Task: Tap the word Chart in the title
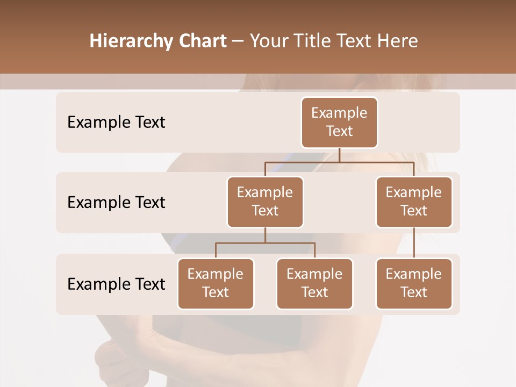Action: point(201,41)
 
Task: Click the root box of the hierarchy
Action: point(339,123)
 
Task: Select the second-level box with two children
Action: point(265,202)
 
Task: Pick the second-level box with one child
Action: point(414,202)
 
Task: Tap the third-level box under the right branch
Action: point(414,284)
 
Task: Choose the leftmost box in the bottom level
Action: point(216,284)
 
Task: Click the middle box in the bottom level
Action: point(314,284)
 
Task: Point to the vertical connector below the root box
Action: point(339,155)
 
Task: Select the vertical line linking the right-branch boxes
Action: point(414,243)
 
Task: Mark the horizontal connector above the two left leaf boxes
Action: point(290,243)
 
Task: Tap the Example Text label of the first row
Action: point(116,123)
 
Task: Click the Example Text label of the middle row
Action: point(116,203)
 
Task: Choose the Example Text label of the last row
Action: point(116,284)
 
